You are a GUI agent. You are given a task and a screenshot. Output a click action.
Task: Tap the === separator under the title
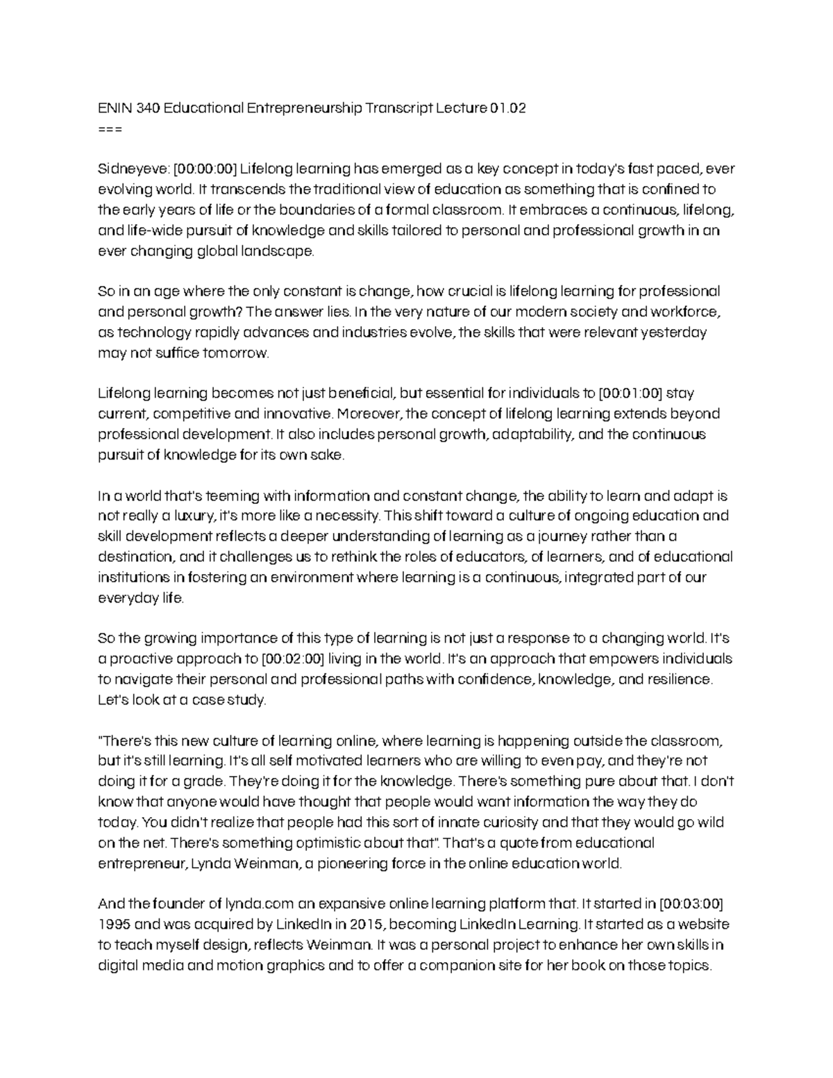pyautogui.click(x=110, y=128)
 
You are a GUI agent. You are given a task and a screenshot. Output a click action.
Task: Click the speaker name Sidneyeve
pyautogui.click(x=133, y=169)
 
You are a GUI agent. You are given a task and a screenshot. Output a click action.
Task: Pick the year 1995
pyautogui.click(x=113, y=925)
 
